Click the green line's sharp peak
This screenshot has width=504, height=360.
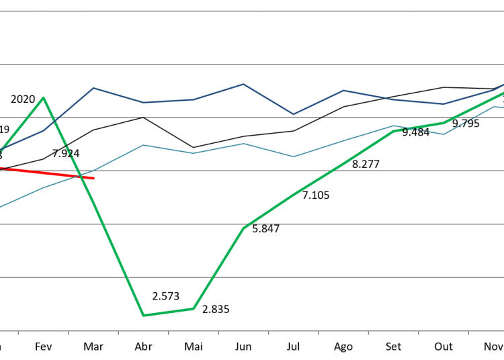point(44,98)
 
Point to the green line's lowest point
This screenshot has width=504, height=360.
point(143,315)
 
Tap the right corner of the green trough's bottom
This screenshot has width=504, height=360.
point(194,308)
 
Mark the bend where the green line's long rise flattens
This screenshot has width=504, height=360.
point(394,130)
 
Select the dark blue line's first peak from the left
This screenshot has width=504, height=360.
point(93,88)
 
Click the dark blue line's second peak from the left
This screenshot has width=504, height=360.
point(243,84)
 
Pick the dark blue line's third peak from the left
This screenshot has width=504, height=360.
point(343,90)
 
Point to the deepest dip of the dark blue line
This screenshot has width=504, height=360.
point(293,114)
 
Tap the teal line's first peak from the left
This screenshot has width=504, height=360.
point(143,144)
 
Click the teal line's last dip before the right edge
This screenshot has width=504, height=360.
point(444,134)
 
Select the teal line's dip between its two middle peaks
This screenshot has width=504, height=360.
point(293,156)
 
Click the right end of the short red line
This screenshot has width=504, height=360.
point(93,178)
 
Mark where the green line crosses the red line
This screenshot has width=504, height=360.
point(81,177)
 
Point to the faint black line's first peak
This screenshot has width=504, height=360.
point(143,118)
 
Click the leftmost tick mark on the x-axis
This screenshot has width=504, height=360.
point(18,332)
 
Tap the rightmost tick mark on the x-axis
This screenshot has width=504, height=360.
point(468,332)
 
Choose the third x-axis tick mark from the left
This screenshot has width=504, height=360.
point(118,332)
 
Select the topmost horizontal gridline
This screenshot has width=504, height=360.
point(252,11)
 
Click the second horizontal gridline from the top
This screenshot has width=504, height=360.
point(252,64)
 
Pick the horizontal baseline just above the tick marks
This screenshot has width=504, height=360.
point(252,330)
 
